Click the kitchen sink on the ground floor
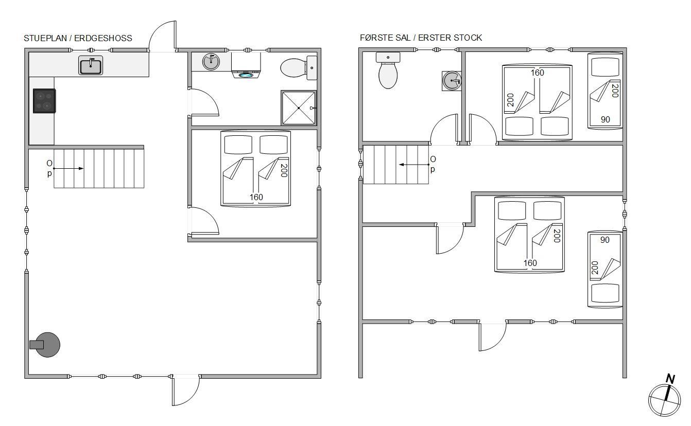91,65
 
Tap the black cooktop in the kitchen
44,101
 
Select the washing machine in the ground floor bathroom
246,65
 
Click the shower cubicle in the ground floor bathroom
299,108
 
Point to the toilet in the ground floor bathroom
298,68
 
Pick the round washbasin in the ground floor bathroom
211,62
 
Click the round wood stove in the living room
45,345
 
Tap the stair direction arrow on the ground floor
68,168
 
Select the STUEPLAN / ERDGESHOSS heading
78,38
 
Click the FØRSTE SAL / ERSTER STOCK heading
421,38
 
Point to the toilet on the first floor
388,70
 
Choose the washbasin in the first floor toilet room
452,81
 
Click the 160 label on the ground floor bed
256,197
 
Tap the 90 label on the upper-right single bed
605,119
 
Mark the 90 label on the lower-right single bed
604,240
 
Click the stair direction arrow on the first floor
414,165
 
